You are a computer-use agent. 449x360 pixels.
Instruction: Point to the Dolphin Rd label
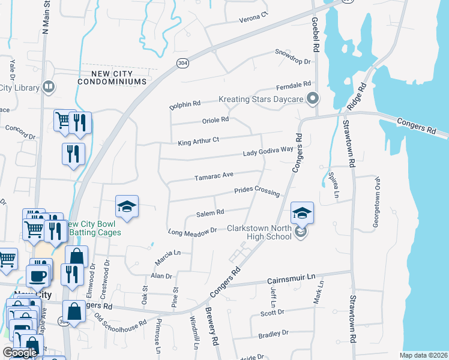(x=185, y=103)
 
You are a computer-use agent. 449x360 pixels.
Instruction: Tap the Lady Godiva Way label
(x=268, y=154)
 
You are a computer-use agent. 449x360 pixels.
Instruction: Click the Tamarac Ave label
(x=214, y=176)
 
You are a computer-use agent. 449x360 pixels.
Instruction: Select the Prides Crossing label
(x=257, y=191)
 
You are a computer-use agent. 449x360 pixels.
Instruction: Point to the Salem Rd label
(x=210, y=212)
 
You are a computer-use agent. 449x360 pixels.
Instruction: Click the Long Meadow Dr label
(x=192, y=230)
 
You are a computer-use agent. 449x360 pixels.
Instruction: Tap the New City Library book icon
(x=49, y=88)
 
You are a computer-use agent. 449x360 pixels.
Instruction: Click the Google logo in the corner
(x=20, y=353)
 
